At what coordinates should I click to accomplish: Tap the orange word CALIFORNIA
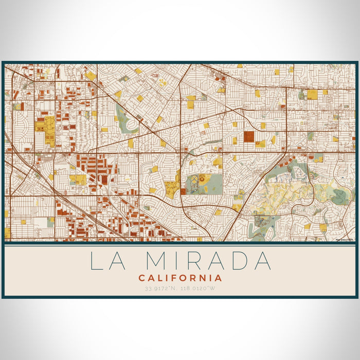click(x=180, y=278)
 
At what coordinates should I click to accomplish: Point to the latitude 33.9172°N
click(x=160, y=289)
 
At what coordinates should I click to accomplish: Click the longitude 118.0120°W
click(x=200, y=289)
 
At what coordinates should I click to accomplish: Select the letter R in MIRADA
click(x=193, y=261)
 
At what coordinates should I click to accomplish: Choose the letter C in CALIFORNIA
click(x=141, y=278)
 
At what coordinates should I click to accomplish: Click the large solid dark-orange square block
click(x=249, y=136)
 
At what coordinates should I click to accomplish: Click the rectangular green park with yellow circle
click(x=205, y=182)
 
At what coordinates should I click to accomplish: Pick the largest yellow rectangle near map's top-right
click(x=312, y=94)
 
